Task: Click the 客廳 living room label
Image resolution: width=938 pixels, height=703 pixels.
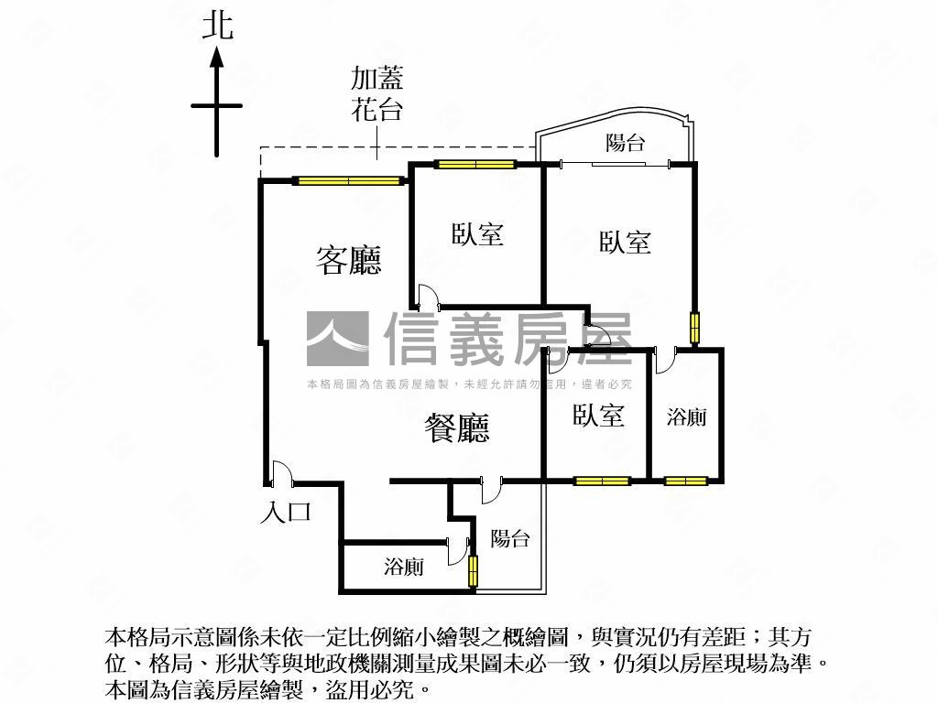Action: pos(348,261)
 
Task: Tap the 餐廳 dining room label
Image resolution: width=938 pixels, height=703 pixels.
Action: pos(456,427)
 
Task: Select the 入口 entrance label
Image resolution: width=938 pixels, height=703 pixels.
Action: pos(286,512)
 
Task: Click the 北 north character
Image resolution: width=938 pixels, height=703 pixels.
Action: pos(217,25)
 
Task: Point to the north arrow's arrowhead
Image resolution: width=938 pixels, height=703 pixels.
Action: pos(217,58)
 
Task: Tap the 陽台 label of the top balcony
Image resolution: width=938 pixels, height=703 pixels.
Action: pos(626,143)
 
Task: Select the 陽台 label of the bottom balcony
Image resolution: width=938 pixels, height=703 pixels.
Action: pos(509,538)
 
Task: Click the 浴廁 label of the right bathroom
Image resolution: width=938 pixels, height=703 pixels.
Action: pos(686,417)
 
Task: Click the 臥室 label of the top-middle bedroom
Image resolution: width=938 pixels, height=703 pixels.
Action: pos(477,234)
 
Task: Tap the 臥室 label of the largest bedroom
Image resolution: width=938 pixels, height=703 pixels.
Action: pos(626,242)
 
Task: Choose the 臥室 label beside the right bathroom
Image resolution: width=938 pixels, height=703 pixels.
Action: pos(599,416)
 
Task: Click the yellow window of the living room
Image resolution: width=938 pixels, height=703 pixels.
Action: pos(349,180)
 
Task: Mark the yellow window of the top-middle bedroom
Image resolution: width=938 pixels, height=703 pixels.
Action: pos(474,165)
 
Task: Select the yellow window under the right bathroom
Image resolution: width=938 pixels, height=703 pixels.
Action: pos(686,481)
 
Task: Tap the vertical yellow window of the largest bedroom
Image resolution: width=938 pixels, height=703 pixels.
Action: pos(694,328)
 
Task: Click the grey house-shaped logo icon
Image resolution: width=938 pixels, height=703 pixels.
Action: pos(337,339)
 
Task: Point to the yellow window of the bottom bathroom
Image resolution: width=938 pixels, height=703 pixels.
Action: pos(474,571)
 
